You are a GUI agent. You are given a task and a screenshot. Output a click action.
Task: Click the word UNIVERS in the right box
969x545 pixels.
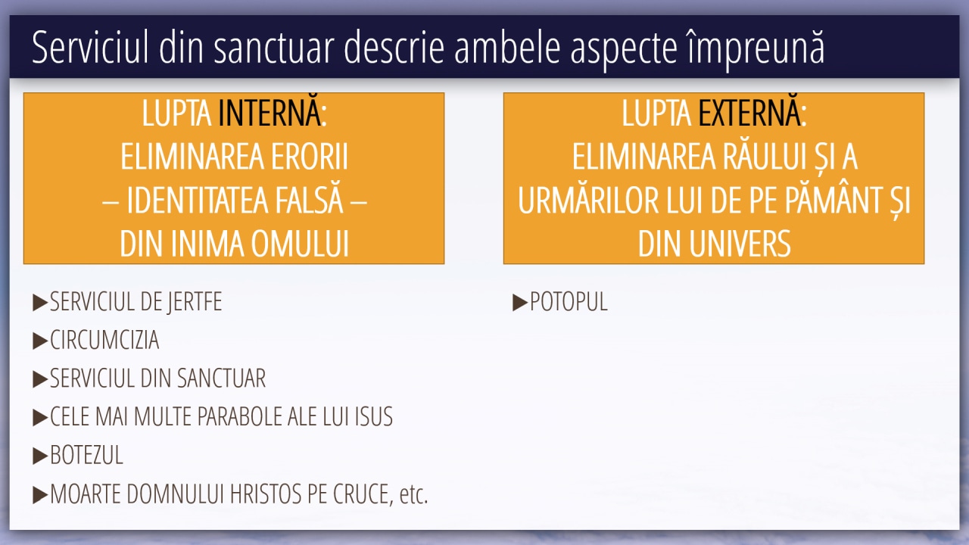coord(740,244)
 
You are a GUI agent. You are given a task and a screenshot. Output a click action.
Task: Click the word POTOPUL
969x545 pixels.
coord(569,301)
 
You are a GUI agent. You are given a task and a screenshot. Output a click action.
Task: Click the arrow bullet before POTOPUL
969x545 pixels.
coord(519,302)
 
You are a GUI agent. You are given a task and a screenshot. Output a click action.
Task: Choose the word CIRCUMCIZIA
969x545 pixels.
coord(104,340)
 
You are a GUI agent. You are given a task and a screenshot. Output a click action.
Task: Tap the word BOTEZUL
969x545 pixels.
coord(86,455)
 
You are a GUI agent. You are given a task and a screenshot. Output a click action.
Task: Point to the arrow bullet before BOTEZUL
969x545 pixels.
coord(40,456)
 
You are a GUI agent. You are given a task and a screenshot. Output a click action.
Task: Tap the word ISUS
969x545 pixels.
coord(374,416)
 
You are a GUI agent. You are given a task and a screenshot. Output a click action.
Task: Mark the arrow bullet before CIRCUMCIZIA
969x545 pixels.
coord(40,341)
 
